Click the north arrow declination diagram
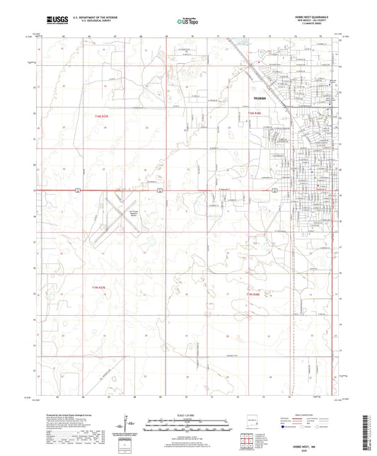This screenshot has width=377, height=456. point(127,426)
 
